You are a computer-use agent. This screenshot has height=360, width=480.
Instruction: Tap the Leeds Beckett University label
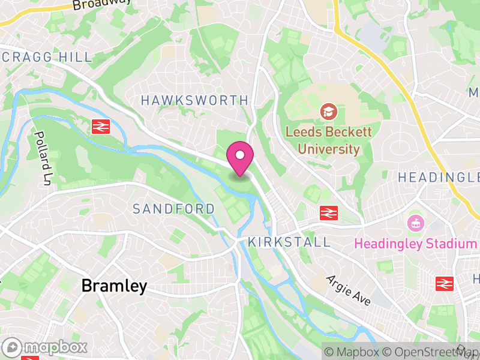tap(328, 140)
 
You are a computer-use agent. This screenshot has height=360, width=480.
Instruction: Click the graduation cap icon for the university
tap(328, 111)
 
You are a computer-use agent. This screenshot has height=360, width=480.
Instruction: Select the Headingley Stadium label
tap(415, 244)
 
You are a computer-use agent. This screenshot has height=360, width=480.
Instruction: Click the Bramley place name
tap(114, 286)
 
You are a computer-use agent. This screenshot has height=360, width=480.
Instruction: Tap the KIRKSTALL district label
tap(289, 242)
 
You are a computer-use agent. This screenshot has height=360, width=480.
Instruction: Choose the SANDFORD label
tap(173, 209)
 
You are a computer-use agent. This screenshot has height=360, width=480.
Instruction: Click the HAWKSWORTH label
tap(194, 100)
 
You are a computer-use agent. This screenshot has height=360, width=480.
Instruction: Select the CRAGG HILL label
tap(47, 57)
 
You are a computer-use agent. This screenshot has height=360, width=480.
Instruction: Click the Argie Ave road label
tap(349, 290)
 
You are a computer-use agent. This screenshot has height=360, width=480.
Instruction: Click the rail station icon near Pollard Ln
tap(100, 126)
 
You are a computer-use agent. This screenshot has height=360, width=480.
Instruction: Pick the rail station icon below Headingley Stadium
tap(445, 283)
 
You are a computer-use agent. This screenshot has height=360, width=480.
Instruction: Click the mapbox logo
tap(46, 347)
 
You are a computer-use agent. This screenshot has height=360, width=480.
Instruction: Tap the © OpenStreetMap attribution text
tap(431, 352)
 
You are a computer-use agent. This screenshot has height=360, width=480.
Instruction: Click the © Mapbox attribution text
tap(352, 352)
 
